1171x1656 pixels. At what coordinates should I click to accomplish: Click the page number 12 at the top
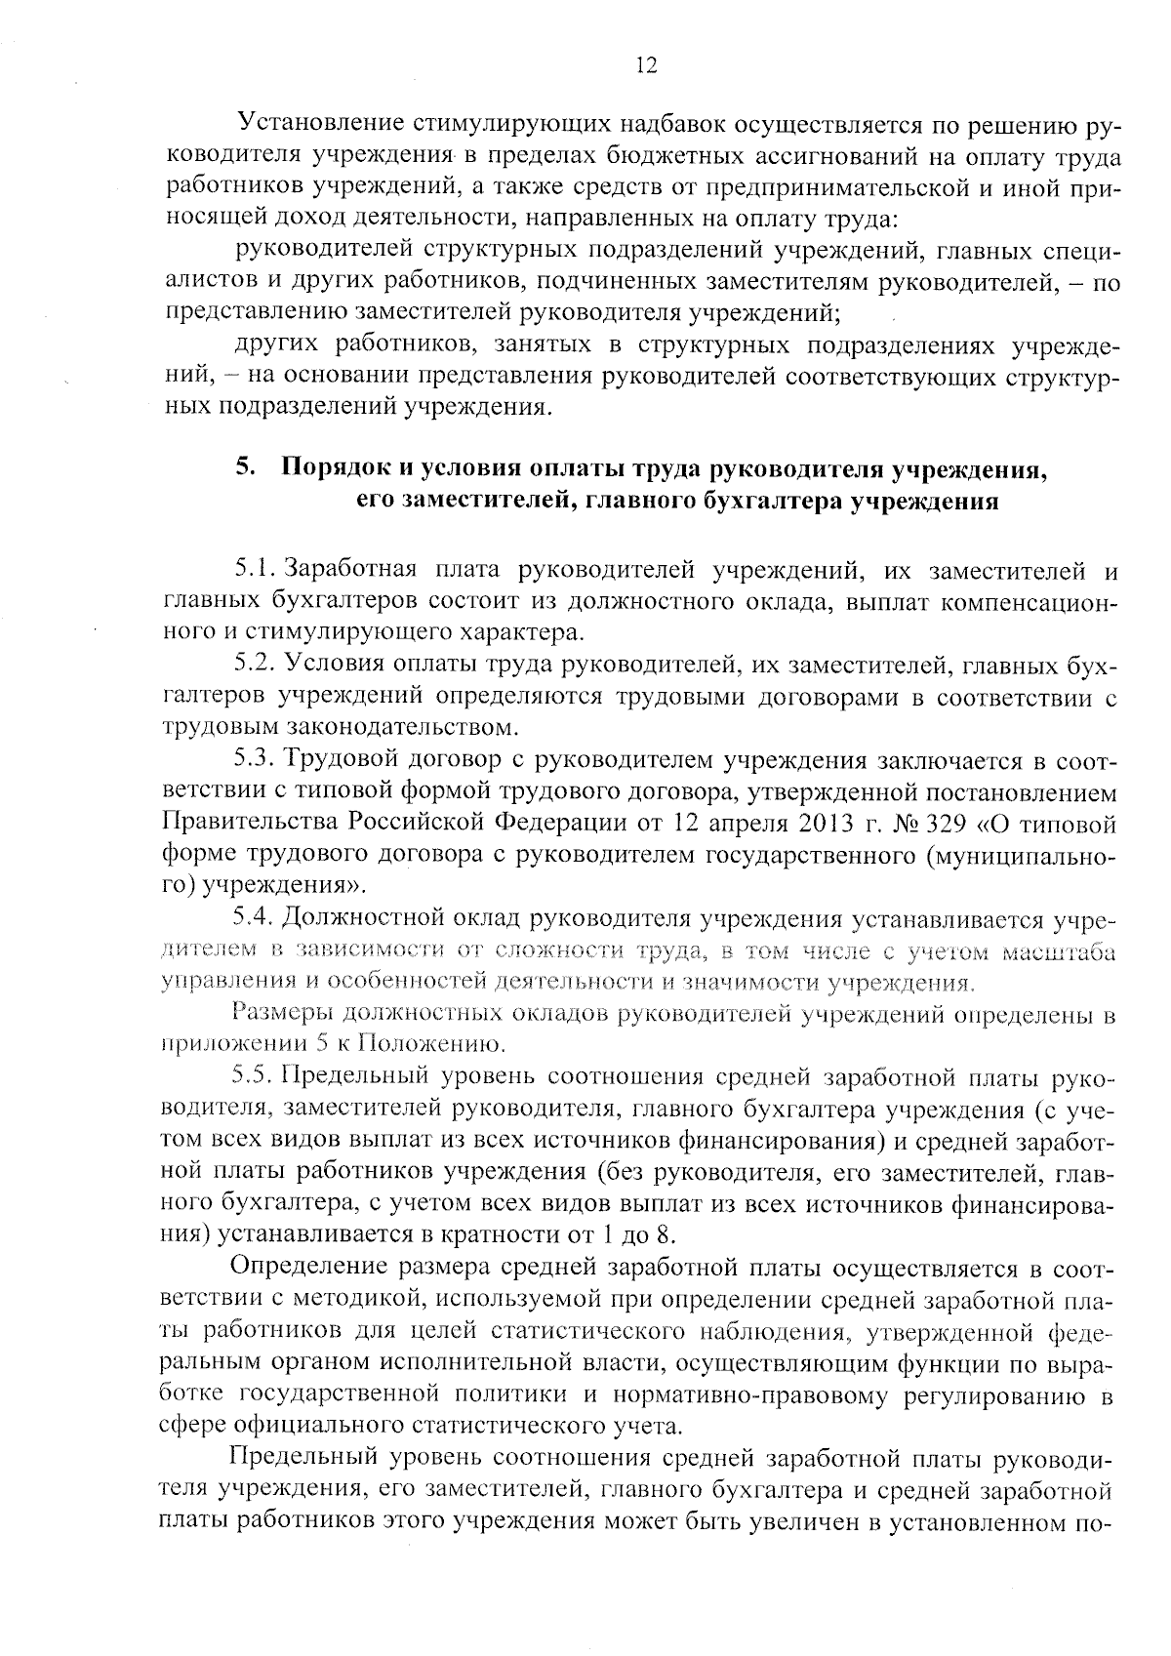[646, 65]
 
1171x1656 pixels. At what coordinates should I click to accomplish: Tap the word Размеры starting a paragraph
[282, 1014]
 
